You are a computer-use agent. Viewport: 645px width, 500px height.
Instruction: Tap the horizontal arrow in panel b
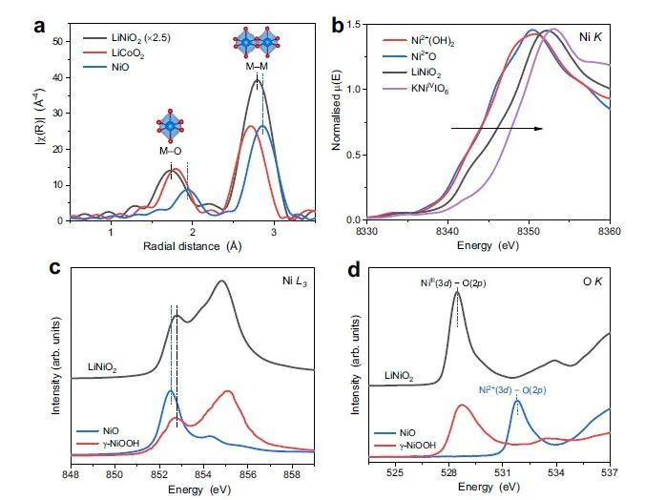point(496,126)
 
